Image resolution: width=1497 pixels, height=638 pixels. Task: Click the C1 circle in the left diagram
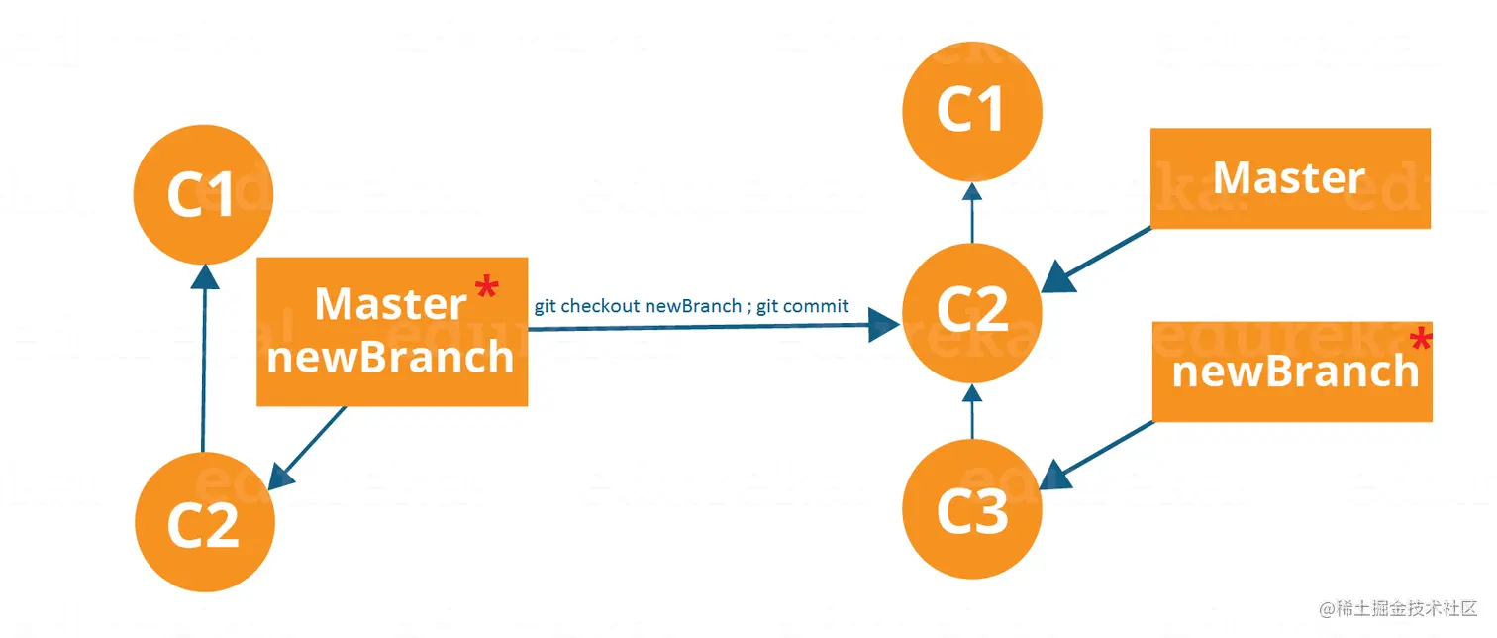click(203, 193)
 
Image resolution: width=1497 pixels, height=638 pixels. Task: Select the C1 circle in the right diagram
click(971, 109)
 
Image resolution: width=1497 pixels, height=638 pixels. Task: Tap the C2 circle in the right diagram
click(971, 309)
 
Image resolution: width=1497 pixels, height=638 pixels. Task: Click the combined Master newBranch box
click(391, 332)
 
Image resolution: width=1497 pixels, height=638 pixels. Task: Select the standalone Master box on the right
click(1289, 178)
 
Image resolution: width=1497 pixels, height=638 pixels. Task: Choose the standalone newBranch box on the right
click(1292, 372)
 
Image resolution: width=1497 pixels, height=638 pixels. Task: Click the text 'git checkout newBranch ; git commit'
click(691, 306)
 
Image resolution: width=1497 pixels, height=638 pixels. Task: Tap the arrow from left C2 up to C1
click(204, 357)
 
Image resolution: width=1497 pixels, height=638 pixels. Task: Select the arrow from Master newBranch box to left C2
click(312, 441)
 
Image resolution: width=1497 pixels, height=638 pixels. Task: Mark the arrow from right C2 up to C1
click(971, 213)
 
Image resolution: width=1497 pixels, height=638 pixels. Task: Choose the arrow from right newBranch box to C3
click(1099, 451)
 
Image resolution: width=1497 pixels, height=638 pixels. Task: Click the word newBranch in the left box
click(391, 357)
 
